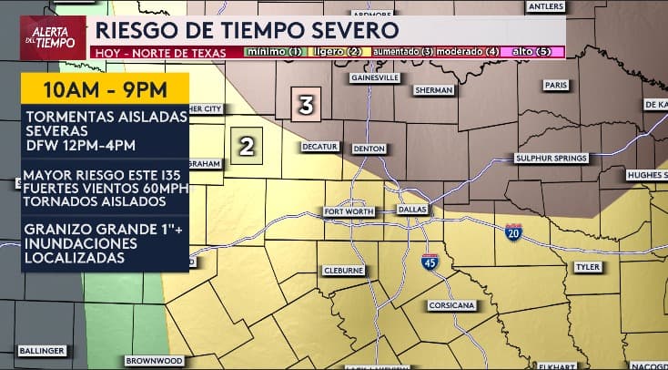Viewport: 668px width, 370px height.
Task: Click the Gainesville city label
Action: point(376,78)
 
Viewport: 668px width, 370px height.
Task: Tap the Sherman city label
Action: point(433,90)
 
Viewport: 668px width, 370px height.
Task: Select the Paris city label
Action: point(555,84)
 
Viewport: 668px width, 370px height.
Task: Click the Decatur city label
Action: point(320,146)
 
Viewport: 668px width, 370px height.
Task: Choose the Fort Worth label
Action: point(349,211)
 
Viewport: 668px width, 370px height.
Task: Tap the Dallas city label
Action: point(412,210)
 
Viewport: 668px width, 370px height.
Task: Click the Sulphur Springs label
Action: point(552,158)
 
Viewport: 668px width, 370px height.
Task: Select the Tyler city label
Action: point(587,267)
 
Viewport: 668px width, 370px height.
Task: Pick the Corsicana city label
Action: point(449,304)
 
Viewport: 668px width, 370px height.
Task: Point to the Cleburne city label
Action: point(344,271)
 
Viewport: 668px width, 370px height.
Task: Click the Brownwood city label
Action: point(154,361)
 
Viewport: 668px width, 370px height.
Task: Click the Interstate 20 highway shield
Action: point(514,232)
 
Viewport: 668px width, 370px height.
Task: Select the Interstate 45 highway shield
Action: point(430,262)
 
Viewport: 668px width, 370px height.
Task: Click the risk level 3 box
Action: point(307,105)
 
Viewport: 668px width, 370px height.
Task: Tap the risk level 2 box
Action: point(247,144)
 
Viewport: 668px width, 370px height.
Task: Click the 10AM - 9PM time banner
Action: point(105,89)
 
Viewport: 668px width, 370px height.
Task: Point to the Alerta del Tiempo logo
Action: point(52,37)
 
